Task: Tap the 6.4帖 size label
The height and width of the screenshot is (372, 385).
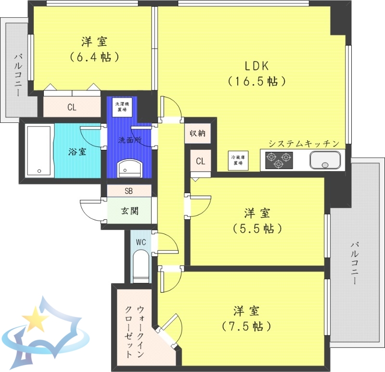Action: pos(94,56)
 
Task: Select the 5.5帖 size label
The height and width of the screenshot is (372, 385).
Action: pos(257,228)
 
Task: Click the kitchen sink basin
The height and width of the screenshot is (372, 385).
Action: pos(326,159)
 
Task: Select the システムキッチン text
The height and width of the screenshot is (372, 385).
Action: pos(304,144)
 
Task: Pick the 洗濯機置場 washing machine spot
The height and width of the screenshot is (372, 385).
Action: pos(122,106)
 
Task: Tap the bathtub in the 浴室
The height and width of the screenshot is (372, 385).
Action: pos(39,151)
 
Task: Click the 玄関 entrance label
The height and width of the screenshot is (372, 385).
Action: pos(129,211)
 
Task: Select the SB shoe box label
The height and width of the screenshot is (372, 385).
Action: pos(128,191)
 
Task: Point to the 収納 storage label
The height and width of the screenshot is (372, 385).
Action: pos(197,133)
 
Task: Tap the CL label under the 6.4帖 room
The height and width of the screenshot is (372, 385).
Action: pos(72,107)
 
